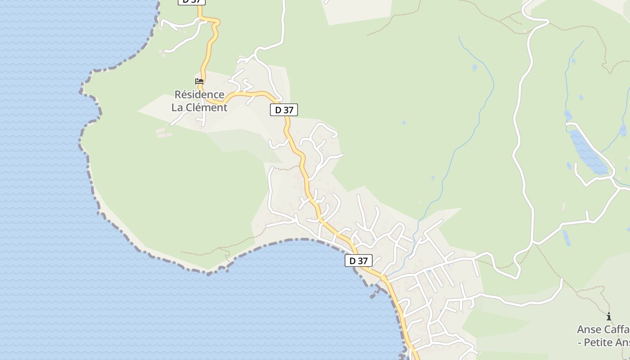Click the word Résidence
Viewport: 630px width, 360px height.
(x=199, y=95)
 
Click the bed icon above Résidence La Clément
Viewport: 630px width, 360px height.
(x=199, y=81)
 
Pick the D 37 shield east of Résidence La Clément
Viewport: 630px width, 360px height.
(x=284, y=110)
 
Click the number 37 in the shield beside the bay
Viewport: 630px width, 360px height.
(x=363, y=261)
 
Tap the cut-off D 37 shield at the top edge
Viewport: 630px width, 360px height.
(x=192, y=2)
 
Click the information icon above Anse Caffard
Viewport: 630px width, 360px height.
(x=609, y=317)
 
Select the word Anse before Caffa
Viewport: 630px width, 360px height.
(x=589, y=329)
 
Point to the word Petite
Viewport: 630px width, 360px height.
(x=599, y=342)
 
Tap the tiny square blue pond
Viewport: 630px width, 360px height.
(x=404, y=122)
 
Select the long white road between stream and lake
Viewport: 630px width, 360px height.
(x=522, y=157)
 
